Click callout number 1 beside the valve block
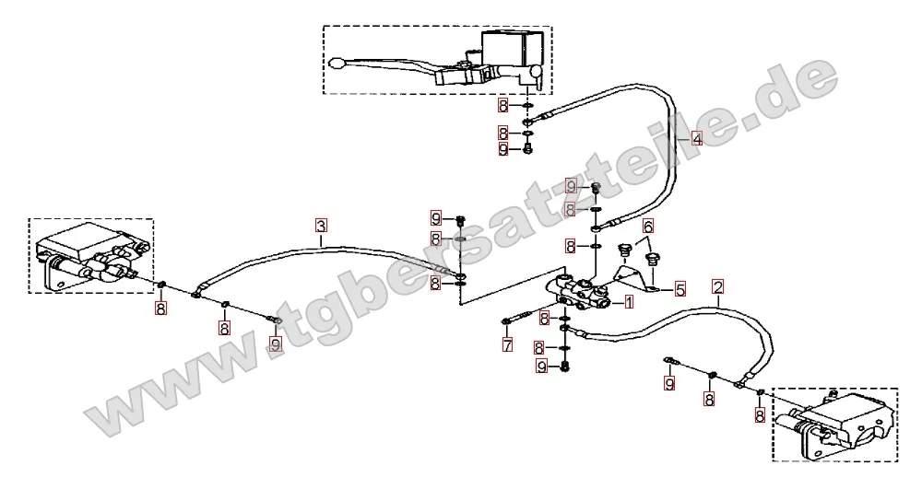(x=629, y=302)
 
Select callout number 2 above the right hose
(x=717, y=287)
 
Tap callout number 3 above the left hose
(x=321, y=226)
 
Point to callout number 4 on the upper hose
(x=696, y=139)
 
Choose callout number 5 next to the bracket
(x=680, y=289)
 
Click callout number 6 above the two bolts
(x=648, y=226)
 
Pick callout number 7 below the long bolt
(x=507, y=344)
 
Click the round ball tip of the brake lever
(x=337, y=62)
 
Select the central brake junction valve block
(x=579, y=291)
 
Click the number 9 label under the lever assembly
(x=502, y=150)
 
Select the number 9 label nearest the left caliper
(x=275, y=343)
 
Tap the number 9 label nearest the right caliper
(x=669, y=384)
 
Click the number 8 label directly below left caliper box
(x=160, y=309)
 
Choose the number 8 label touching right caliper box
(x=760, y=416)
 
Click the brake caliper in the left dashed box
(x=91, y=257)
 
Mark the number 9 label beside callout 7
(x=542, y=367)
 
